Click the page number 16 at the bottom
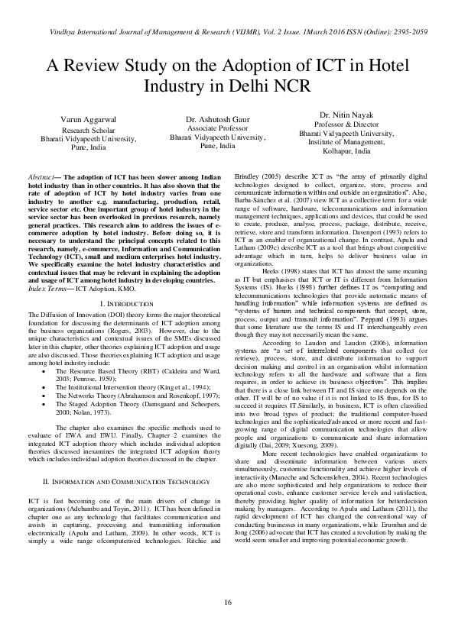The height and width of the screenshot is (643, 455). (228, 603)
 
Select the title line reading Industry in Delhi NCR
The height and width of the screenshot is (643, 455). (227, 85)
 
